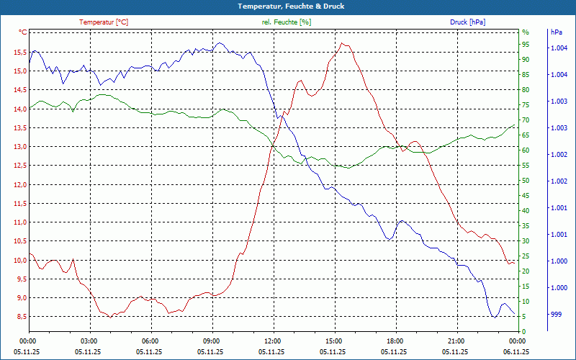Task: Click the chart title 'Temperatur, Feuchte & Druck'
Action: point(287,6)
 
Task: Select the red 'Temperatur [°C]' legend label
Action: point(104,22)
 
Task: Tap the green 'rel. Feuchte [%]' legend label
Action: point(287,22)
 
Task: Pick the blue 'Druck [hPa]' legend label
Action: point(467,22)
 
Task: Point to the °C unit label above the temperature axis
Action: point(23,32)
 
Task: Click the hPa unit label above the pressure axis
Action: point(556,32)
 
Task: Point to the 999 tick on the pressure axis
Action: point(556,314)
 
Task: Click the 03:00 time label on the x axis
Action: point(89,341)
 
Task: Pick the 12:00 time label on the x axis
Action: point(271,341)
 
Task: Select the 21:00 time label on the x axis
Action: point(455,341)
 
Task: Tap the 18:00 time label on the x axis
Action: point(394,341)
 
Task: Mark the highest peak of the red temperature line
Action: point(343,43)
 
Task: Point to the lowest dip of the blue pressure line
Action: point(494,317)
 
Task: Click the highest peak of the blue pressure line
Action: point(219,42)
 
